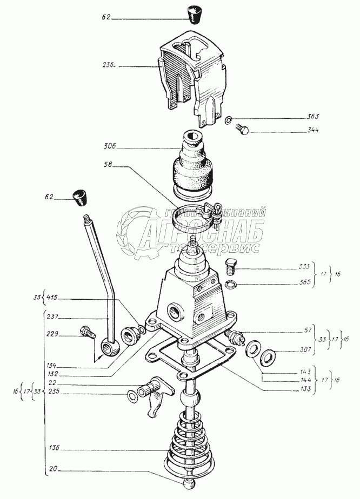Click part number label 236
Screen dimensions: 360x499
point(108,66)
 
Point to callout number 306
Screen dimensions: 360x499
point(109,146)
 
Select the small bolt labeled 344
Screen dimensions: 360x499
point(244,130)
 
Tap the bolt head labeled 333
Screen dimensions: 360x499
point(230,266)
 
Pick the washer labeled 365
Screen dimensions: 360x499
point(230,284)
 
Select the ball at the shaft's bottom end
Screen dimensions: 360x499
point(190,482)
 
